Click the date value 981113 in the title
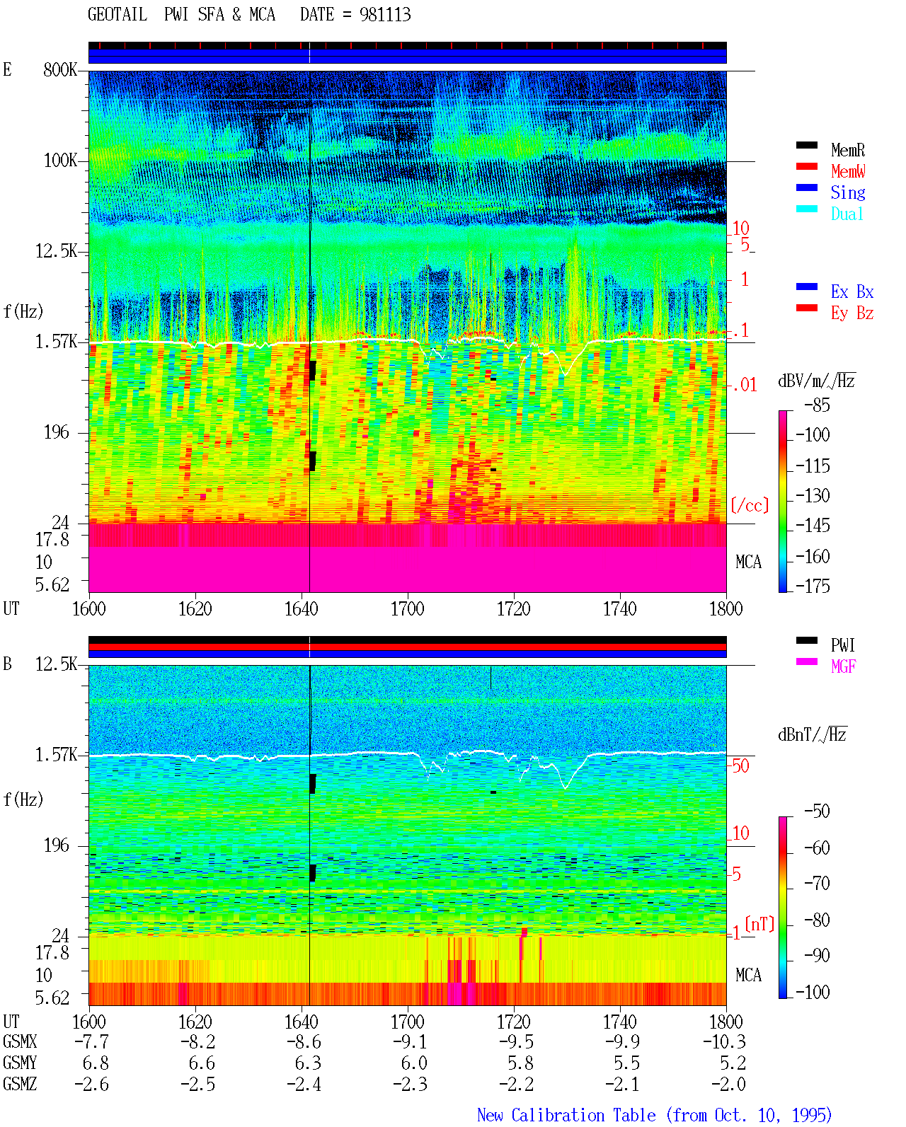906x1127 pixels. pos(384,14)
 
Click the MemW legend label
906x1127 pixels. pos(847,171)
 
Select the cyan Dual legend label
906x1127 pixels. pos(847,214)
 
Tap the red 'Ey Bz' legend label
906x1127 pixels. pos(851,313)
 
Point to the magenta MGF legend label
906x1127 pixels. pos(843,666)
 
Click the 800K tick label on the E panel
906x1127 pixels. pos(59,69)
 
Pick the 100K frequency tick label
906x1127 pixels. pos(60,161)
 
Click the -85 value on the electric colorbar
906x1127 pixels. pos(817,405)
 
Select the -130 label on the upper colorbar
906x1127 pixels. pos(813,495)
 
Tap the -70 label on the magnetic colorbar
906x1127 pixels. pos(817,883)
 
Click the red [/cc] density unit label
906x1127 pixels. pos(750,505)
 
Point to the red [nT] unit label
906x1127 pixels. pos(759,923)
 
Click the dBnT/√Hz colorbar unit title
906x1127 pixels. pos(812,734)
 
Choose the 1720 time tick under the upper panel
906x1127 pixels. pos(514,608)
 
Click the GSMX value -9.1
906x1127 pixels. pos(411,1041)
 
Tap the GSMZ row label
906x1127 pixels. pos(20,1084)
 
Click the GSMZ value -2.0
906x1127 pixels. pos(728,1084)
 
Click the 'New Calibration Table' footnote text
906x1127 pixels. pos(566,1115)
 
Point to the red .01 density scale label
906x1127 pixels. pos(745,386)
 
